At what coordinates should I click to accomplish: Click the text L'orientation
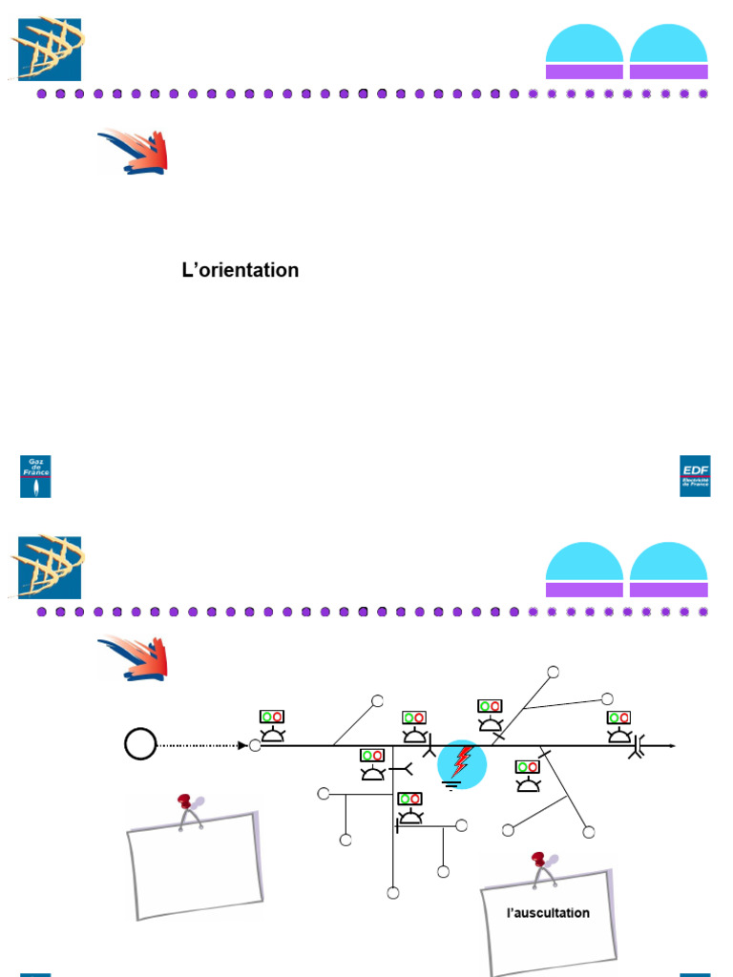(x=240, y=270)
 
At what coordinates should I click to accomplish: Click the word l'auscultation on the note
(x=548, y=913)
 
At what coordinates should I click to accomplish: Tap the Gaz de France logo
(x=36, y=476)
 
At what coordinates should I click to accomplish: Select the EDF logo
(x=695, y=476)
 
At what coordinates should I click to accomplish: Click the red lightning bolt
(x=463, y=762)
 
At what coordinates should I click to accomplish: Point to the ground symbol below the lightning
(x=452, y=786)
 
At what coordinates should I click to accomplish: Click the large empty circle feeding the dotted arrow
(x=140, y=743)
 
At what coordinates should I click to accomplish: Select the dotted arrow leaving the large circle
(x=200, y=745)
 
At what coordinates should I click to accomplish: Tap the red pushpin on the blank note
(x=185, y=801)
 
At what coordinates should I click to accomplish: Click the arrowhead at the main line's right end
(x=672, y=745)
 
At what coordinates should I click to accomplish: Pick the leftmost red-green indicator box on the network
(x=272, y=716)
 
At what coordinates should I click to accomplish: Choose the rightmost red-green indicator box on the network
(x=618, y=717)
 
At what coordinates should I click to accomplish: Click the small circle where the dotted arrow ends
(x=255, y=745)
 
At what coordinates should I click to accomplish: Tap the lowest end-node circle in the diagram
(x=392, y=893)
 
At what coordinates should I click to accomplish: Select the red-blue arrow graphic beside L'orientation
(x=134, y=152)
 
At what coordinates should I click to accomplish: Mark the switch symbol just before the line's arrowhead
(x=637, y=746)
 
